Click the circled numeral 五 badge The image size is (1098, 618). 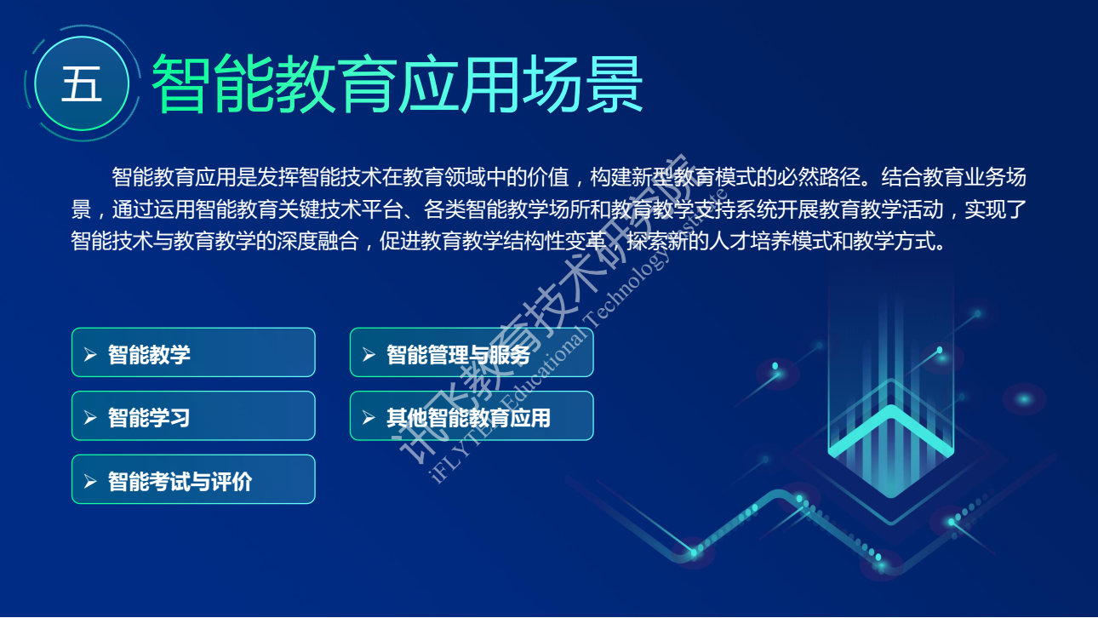[82, 83]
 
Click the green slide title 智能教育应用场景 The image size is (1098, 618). [397, 83]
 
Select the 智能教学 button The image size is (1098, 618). [193, 352]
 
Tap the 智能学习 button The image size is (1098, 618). [193, 415]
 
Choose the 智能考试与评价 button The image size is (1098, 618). [193, 479]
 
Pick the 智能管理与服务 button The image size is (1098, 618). [472, 352]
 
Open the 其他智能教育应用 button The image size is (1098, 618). [472, 415]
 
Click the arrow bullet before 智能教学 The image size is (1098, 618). [89, 354]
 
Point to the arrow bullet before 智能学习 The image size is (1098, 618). [89, 418]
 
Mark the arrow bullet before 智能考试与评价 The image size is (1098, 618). [89, 481]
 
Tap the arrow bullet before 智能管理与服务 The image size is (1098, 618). [368, 354]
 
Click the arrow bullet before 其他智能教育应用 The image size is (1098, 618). [368, 418]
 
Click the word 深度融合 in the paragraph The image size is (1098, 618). [317, 241]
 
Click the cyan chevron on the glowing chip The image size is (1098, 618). [891, 430]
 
